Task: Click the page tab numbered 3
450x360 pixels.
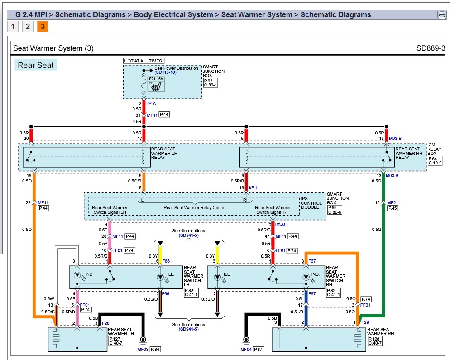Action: (43, 26)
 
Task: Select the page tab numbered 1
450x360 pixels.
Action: (13, 26)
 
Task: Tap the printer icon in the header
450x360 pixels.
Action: (441, 14)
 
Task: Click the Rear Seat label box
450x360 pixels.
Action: (36, 65)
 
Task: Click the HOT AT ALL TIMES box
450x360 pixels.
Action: (143, 61)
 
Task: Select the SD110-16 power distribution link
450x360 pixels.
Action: (165, 72)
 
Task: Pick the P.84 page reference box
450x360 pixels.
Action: (155, 349)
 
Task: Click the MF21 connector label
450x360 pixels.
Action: (393, 202)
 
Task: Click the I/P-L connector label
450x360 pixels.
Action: (254, 187)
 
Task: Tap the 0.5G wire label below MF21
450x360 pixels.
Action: (377, 230)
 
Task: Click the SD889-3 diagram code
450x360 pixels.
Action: (431, 48)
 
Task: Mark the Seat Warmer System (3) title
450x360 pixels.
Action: (53, 48)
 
